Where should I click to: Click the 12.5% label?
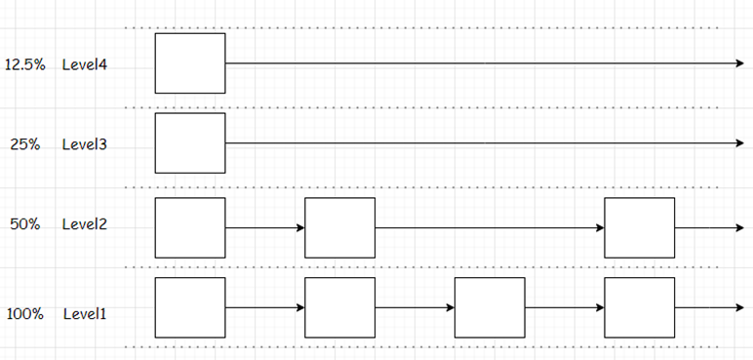coord(25,65)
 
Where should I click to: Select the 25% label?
coord(25,144)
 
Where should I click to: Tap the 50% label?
coord(25,224)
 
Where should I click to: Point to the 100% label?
coord(25,314)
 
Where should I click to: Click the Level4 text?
coord(85,65)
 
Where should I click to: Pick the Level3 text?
coord(85,144)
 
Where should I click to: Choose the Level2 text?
coord(85,224)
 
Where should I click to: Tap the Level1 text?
coord(85,314)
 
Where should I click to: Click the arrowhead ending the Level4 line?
coord(740,63)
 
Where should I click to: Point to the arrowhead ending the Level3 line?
coord(740,142)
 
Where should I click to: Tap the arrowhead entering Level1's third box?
coord(451,307)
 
